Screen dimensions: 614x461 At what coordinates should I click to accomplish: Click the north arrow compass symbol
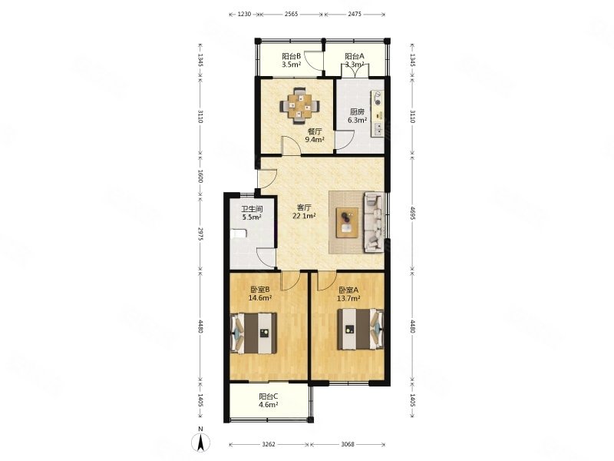click(200, 442)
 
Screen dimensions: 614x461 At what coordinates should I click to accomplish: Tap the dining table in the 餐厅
click(299, 105)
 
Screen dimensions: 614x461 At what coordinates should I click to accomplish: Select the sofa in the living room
click(374, 221)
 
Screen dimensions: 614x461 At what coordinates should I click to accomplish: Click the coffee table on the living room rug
click(348, 222)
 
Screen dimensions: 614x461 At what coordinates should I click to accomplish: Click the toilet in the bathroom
click(239, 234)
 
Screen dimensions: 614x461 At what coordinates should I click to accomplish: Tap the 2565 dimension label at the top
click(292, 14)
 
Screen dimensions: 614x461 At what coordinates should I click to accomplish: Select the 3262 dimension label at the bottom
click(269, 444)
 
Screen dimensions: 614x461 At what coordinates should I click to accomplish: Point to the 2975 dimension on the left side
click(200, 234)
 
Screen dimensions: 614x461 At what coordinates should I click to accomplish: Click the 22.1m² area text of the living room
click(304, 215)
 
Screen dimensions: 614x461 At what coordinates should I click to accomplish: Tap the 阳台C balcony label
click(268, 396)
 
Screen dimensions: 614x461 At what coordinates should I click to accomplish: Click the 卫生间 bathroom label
click(252, 209)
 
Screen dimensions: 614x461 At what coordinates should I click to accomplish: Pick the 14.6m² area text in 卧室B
click(260, 297)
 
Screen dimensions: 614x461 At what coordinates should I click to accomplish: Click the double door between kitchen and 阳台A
click(355, 71)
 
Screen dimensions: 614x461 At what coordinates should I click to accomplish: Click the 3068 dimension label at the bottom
click(348, 444)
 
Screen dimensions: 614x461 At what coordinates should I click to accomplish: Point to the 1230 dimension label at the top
click(244, 14)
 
